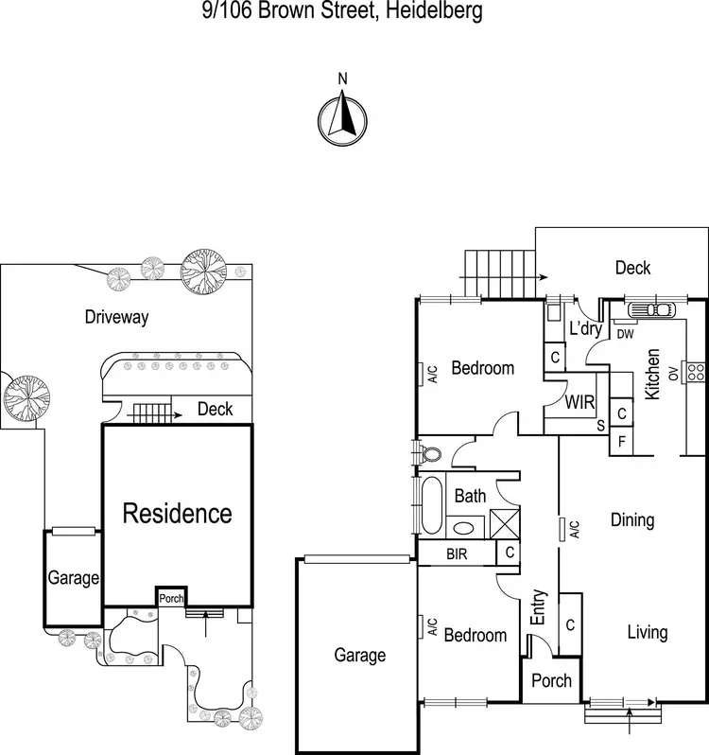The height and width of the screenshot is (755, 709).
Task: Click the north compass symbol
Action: (342, 121)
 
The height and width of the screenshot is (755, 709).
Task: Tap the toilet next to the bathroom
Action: (430, 453)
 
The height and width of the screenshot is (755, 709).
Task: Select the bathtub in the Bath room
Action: (431, 505)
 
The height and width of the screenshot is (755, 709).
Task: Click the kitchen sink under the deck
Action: (650, 309)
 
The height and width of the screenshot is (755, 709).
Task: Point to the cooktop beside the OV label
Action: (696, 372)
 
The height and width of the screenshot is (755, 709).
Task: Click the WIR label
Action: (579, 402)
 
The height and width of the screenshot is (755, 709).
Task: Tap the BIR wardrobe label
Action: (457, 553)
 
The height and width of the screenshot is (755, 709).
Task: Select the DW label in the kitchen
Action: (625, 334)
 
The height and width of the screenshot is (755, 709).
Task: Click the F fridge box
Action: (621, 441)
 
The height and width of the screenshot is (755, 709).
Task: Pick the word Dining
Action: (632, 520)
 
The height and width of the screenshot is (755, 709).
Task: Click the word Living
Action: (648, 633)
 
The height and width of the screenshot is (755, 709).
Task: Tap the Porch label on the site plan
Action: (171, 599)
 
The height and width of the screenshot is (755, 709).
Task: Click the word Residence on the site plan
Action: (178, 513)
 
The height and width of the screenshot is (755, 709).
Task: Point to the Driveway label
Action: (117, 317)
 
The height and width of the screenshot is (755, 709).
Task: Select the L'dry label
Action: (586, 328)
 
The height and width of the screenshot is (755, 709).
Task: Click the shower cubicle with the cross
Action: (505, 523)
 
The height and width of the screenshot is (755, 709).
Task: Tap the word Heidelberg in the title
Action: (434, 10)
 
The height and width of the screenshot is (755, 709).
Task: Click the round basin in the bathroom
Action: (464, 528)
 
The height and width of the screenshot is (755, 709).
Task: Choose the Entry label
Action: (538, 607)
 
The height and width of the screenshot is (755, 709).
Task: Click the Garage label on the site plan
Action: (74, 578)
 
